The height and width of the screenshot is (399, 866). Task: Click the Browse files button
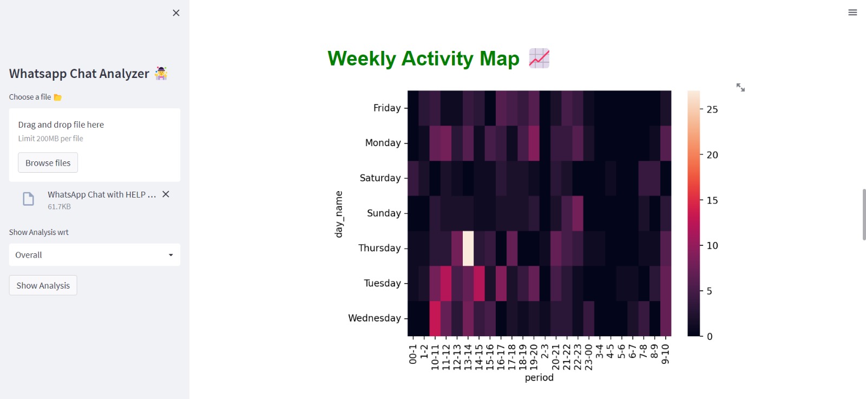pos(48,163)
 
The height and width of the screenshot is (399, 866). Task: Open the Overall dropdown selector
pos(94,255)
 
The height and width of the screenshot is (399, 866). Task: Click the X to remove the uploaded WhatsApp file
pos(166,194)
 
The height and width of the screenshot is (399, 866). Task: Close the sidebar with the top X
pos(176,13)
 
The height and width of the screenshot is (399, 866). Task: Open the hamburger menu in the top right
pos(852,12)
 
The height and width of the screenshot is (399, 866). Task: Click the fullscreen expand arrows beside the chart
pos(740,87)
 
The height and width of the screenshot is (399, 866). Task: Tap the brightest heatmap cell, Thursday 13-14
pos(468,248)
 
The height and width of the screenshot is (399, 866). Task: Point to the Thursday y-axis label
pos(379,248)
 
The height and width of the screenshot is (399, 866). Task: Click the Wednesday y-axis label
pos(375,318)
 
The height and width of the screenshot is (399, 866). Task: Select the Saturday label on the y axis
pos(380,178)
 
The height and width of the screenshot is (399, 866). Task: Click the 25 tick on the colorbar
pos(712,110)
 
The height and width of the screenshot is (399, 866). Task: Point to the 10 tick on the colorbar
pos(712,246)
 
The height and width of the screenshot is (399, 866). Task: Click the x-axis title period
pos(539,378)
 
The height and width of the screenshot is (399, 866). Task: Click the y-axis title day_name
pos(339,214)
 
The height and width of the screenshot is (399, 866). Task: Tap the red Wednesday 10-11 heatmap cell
pos(435,318)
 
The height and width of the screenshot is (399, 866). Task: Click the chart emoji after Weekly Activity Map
pos(539,58)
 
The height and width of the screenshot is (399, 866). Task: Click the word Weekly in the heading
pos(362,58)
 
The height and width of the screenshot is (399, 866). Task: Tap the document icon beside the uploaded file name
pos(29,199)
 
